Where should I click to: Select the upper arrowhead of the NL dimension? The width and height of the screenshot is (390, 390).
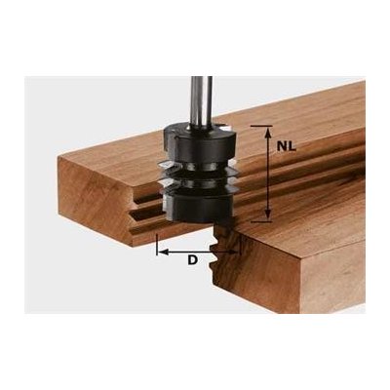click(x=268, y=130)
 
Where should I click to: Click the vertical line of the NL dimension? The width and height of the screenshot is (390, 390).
click(x=268, y=175)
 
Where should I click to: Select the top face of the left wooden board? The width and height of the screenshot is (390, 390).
click(x=107, y=156)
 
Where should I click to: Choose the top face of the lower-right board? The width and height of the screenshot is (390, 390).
click(x=302, y=229)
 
